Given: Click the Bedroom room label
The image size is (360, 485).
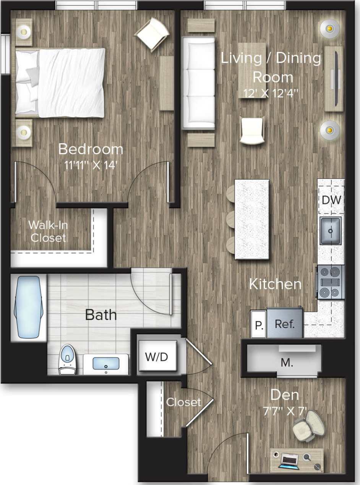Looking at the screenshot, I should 91,149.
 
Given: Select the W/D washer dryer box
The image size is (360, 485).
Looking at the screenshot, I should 157,357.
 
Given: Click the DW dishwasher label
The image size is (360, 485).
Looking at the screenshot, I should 331,200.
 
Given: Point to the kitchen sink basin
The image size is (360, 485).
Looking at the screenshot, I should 331,230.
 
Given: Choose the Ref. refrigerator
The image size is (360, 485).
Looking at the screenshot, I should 285,324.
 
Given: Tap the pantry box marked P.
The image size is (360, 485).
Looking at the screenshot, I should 259,325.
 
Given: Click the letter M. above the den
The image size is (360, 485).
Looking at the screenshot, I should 287,363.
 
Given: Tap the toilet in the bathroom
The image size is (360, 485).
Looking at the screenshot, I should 67,359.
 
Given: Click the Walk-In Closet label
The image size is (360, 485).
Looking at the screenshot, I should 48,231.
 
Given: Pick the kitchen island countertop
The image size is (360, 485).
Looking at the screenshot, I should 252,220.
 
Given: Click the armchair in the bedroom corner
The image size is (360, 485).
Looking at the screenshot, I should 152,33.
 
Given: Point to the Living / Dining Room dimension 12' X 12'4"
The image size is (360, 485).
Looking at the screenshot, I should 271,93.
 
